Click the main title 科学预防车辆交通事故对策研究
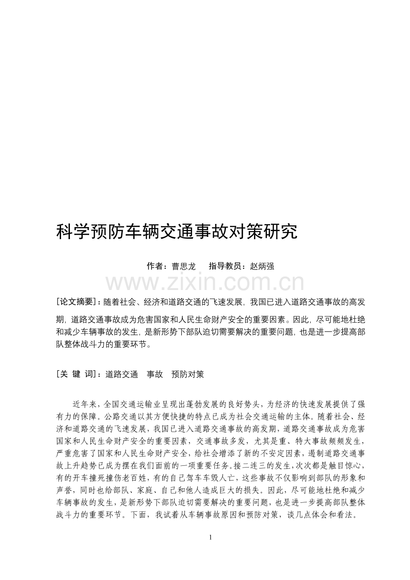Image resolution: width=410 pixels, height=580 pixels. [177, 232]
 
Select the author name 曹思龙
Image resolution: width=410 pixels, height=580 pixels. [184, 266]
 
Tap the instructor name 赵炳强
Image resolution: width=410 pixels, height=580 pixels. [262, 266]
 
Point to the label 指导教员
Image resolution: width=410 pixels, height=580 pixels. [225, 266]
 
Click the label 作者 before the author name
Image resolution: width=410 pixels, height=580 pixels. [155, 266]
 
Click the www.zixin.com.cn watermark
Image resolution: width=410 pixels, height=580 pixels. [205, 282]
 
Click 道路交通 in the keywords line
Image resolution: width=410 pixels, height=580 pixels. [122, 374]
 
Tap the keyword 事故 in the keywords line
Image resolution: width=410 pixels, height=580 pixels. [155, 374]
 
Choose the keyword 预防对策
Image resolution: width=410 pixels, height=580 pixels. [188, 374]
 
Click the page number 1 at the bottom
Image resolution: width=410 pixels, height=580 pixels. [210, 537]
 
